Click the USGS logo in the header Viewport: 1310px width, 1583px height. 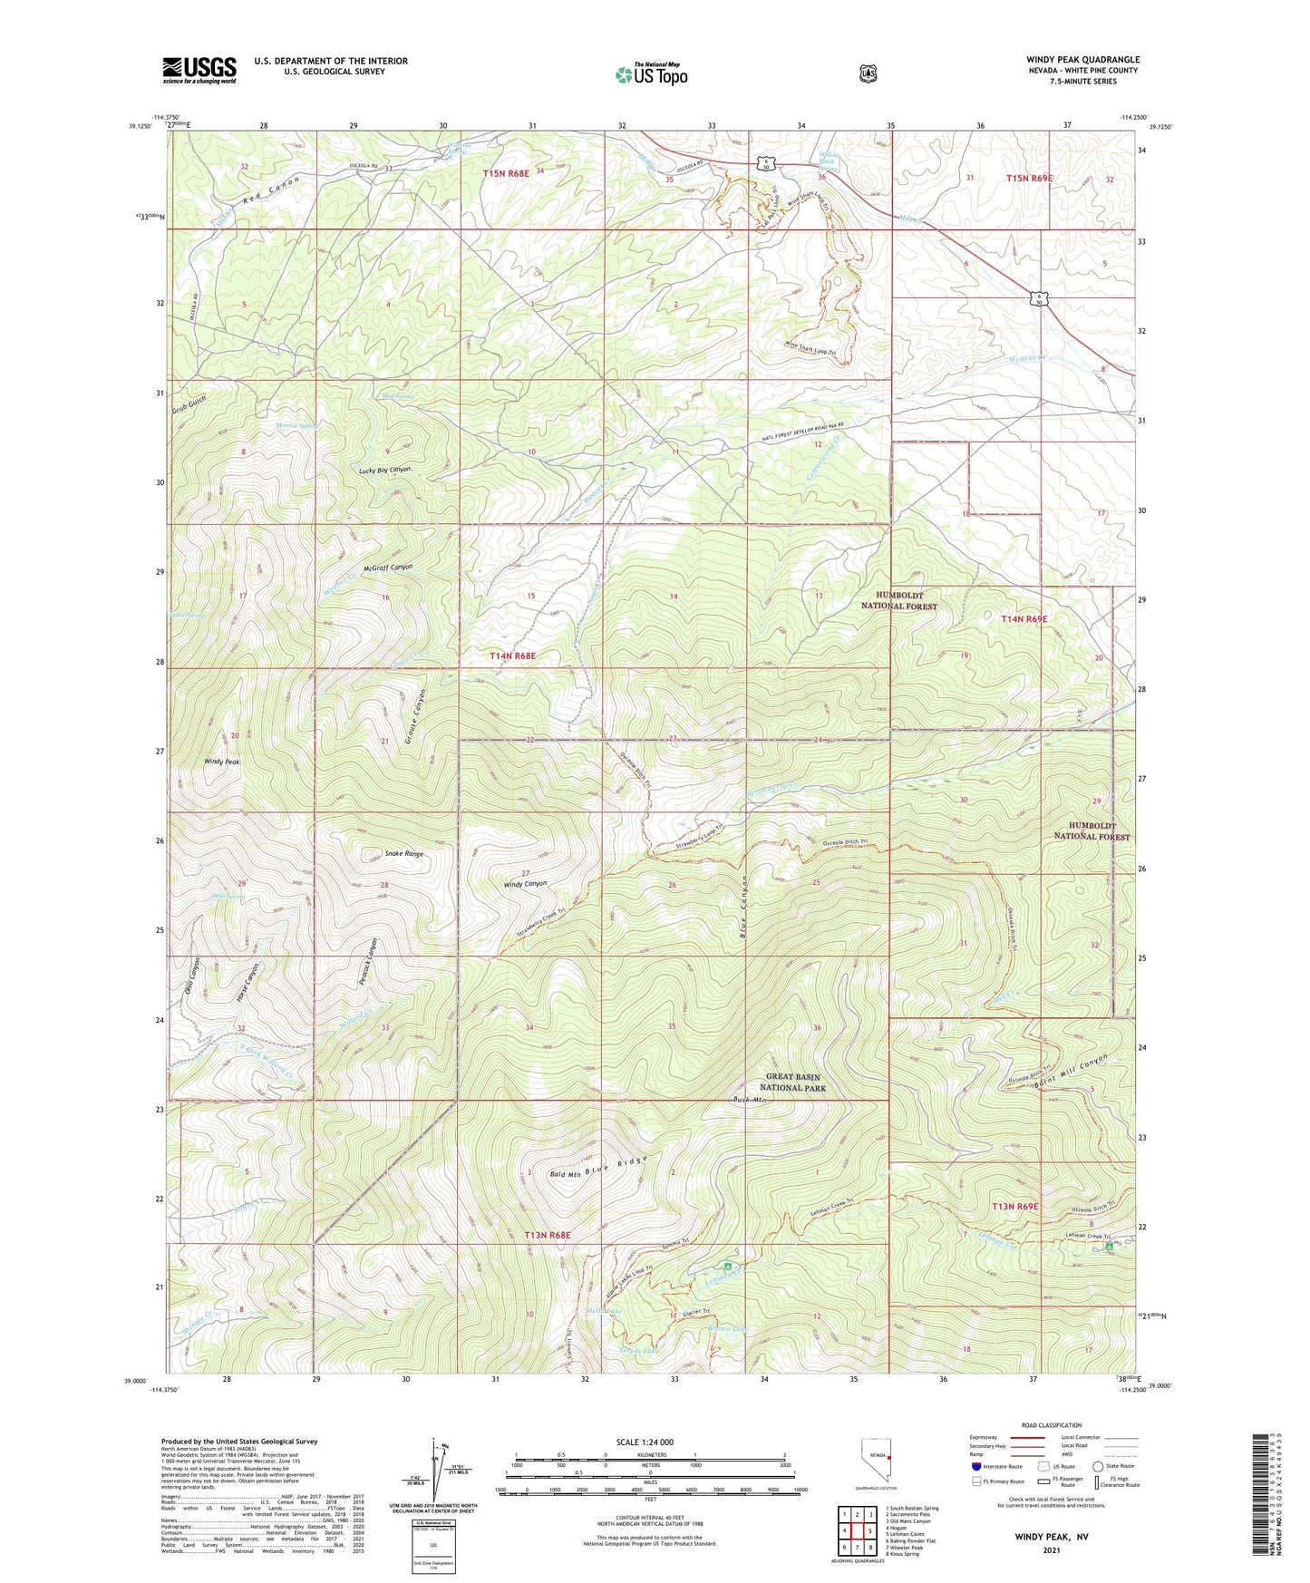coord(199,70)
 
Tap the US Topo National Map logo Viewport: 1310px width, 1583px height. coord(651,74)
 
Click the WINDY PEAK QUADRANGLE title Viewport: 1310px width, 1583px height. coord(1082,60)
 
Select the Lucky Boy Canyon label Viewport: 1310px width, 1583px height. coord(384,470)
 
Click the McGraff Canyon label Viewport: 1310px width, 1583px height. coord(387,567)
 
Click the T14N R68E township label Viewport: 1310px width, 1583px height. coord(513,655)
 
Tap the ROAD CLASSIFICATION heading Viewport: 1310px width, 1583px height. coord(1051,1425)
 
